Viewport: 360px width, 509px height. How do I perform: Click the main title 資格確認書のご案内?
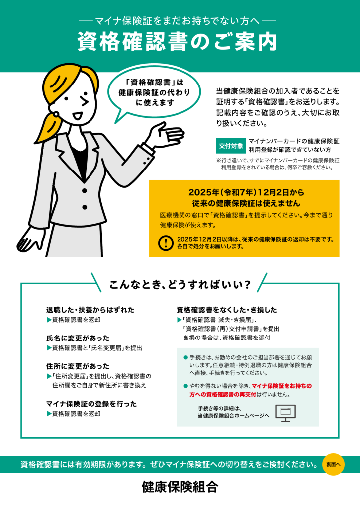point(177,41)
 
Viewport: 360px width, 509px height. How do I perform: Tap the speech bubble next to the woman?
point(154,93)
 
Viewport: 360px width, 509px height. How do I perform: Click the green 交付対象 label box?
point(231,146)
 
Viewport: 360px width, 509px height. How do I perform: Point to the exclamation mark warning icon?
point(166,243)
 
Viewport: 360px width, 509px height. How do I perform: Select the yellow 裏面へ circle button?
point(333,464)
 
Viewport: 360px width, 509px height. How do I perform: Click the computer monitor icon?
point(285,413)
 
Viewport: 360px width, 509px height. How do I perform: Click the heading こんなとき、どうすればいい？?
point(180,285)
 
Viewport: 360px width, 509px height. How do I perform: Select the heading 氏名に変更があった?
point(78,338)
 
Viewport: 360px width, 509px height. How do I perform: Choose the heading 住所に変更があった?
point(78,366)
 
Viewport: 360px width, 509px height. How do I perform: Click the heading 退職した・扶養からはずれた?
point(90,310)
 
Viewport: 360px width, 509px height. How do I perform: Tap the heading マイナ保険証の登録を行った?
point(91,404)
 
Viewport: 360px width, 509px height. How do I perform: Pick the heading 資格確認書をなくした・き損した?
point(227,310)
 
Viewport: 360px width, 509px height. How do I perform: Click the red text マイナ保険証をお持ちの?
point(282,386)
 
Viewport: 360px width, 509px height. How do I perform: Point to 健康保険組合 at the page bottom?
point(180,487)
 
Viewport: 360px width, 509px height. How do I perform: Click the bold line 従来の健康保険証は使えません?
point(246,203)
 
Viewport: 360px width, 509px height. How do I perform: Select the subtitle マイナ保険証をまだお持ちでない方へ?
point(177,21)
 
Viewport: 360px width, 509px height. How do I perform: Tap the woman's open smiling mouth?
point(77,115)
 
